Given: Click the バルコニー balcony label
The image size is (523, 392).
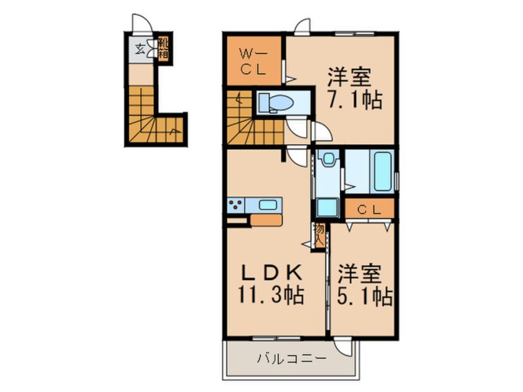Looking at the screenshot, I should (x=286, y=358).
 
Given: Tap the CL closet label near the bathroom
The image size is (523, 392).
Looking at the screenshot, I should (x=369, y=209).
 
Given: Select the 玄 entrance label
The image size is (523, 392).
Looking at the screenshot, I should (x=140, y=49).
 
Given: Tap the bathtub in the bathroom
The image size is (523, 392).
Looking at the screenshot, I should (x=377, y=169).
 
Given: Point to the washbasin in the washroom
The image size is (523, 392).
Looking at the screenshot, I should (x=328, y=161).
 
